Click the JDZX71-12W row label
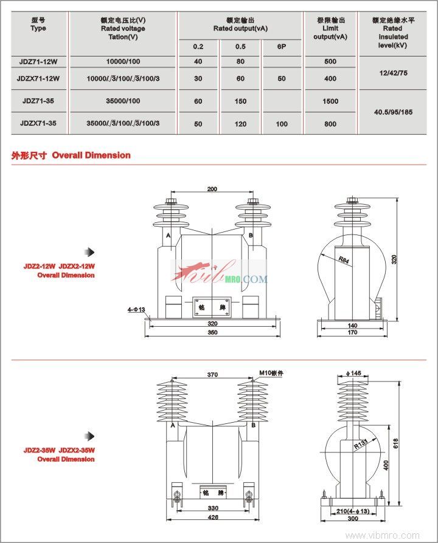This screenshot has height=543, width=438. [38, 78]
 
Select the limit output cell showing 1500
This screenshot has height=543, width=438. [330, 101]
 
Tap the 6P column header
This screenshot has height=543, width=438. [282, 47]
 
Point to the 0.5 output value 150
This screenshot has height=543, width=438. [241, 101]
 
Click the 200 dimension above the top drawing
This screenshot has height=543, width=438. [212, 190]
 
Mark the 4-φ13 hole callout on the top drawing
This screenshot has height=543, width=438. [136, 310]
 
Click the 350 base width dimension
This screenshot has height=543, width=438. [212, 333]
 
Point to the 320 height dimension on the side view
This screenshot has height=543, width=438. [394, 259]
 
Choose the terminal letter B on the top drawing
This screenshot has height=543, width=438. [251, 235]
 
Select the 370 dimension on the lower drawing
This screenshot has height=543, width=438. [212, 375]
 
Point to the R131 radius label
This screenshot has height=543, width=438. [347, 445]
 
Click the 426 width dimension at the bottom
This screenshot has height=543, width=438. [212, 517]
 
